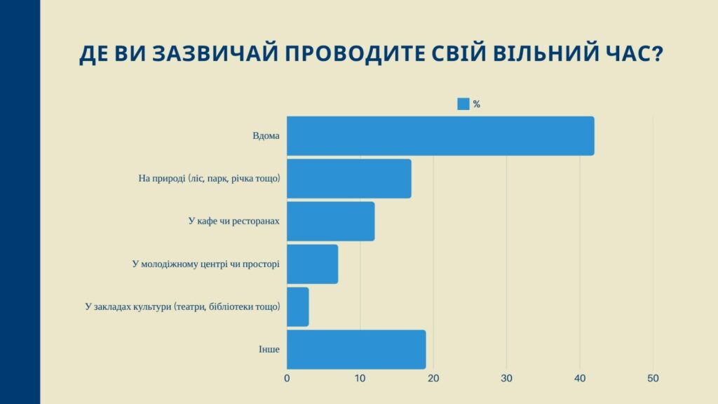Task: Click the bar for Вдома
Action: coord(440,136)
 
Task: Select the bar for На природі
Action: coord(349,179)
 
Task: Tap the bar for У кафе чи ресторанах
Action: coord(331,221)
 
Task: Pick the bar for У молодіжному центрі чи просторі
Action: coord(312,264)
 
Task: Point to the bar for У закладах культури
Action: coord(297,307)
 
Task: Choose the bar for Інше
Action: coord(356,349)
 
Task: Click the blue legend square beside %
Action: coord(463,104)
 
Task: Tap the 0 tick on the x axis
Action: coord(287,378)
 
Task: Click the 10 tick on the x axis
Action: coord(360,378)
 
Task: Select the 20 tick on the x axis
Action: coord(433,378)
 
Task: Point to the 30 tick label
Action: coord(506,378)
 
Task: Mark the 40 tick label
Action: coord(580,378)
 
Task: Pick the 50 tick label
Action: coord(653,378)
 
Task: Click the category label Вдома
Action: coord(266,136)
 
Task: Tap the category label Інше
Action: coord(269,349)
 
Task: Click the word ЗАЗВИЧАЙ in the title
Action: coord(215,53)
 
